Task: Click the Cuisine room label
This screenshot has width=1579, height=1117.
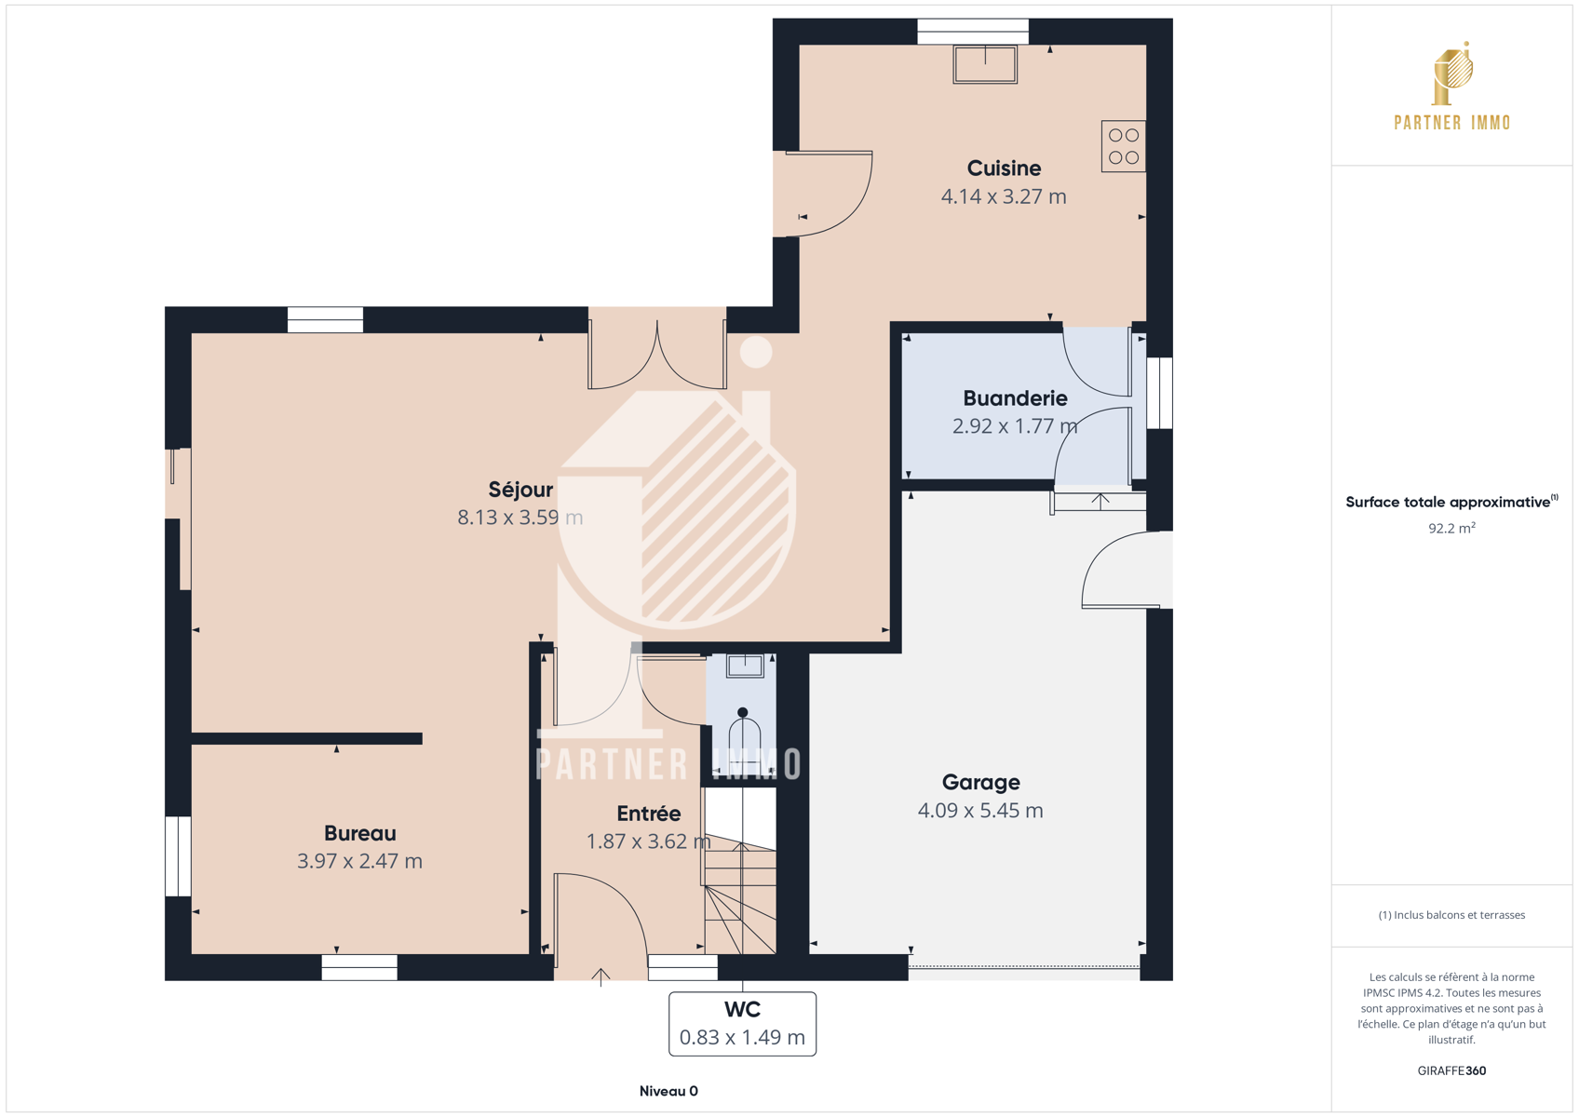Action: [x=1004, y=168]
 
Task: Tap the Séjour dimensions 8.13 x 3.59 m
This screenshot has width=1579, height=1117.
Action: [x=520, y=518]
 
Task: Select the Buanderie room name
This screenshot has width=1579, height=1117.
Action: [x=1015, y=398]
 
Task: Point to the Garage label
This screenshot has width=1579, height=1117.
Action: [x=980, y=782]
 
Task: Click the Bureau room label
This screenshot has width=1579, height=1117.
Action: [x=359, y=833]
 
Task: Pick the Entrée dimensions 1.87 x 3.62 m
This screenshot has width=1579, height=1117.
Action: [x=649, y=841]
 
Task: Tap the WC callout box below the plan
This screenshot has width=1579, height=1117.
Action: [x=742, y=1024]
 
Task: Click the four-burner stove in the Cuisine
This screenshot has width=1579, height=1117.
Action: [x=1123, y=146]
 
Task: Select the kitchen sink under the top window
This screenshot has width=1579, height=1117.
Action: [x=985, y=64]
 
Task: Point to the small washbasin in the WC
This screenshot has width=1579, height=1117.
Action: [x=745, y=666]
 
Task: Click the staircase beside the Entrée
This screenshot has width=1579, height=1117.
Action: [x=740, y=870]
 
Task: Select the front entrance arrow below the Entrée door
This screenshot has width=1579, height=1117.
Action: [x=601, y=977]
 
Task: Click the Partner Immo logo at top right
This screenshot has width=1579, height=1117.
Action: [x=1452, y=86]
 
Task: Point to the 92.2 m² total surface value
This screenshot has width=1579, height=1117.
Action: [x=1451, y=528]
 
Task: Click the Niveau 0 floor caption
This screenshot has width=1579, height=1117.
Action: [x=668, y=1091]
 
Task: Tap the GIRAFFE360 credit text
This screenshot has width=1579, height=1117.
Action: [x=1451, y=1070]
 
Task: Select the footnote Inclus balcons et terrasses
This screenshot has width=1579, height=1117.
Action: [x=1451, y=915]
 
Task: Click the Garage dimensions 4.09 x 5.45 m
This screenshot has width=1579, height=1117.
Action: [x=980, y=811]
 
